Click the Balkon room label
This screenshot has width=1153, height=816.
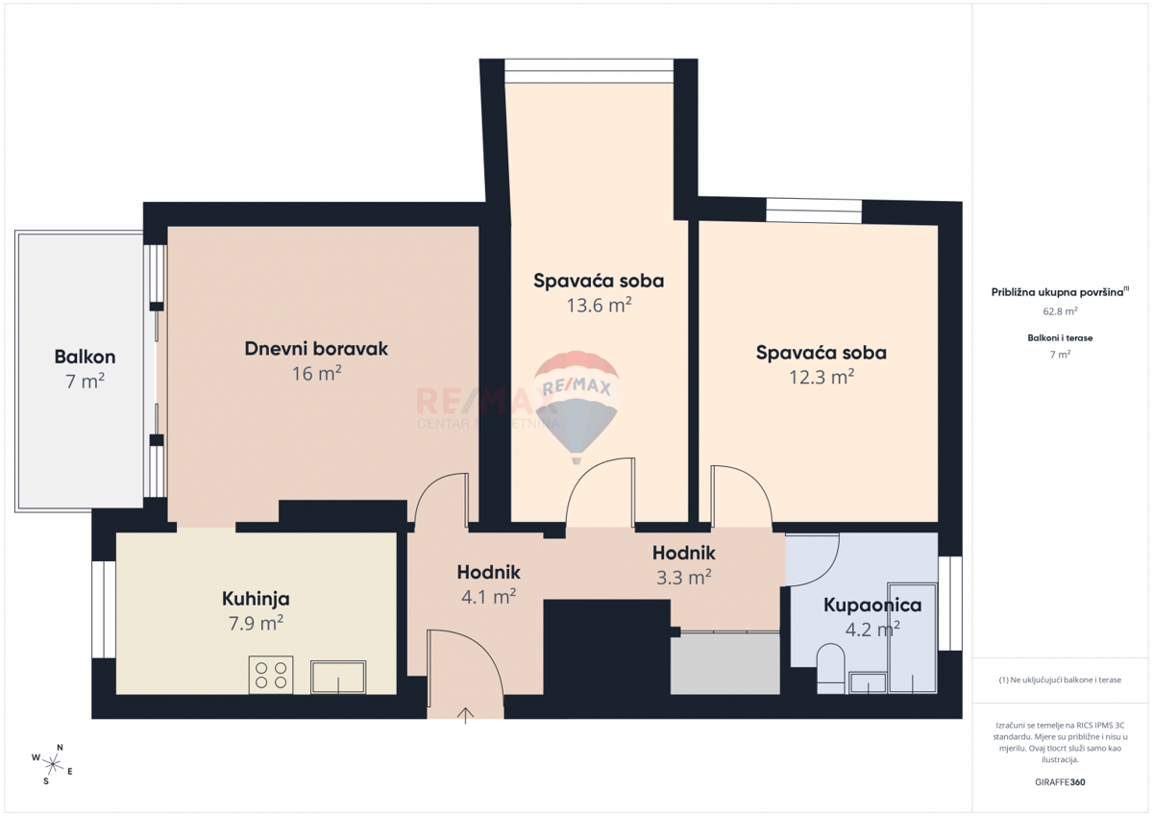(x=85, y=357)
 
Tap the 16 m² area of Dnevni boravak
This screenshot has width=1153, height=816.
(x=316, y=373)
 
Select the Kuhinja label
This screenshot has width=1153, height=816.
(x=256, y=599)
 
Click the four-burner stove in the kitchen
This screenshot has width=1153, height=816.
(x=271, y=675)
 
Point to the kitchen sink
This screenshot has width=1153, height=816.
(x=338, y=677)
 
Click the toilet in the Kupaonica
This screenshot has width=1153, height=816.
(x=830, y=668)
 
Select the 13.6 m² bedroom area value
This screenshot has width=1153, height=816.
(x=600, y=306)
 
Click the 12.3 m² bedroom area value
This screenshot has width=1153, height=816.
(x=822, y=377)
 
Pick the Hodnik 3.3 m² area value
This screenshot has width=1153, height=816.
(x=683, y=577)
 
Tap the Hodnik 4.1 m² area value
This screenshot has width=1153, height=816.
(x=488, y=597)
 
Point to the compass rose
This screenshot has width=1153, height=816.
(x=52, y=764)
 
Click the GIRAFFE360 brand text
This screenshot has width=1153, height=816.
(x=1060, y=782)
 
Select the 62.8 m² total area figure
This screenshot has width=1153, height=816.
(x=1060, y=311)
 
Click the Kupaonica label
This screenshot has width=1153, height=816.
(x=872, y=605)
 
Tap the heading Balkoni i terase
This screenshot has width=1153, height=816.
(x=1060, y=337)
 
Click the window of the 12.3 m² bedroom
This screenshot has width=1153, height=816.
(x=814, y=210)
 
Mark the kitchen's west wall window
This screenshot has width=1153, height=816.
(x=104, y=609)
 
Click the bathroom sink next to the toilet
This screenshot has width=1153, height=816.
(x=868, y=682)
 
